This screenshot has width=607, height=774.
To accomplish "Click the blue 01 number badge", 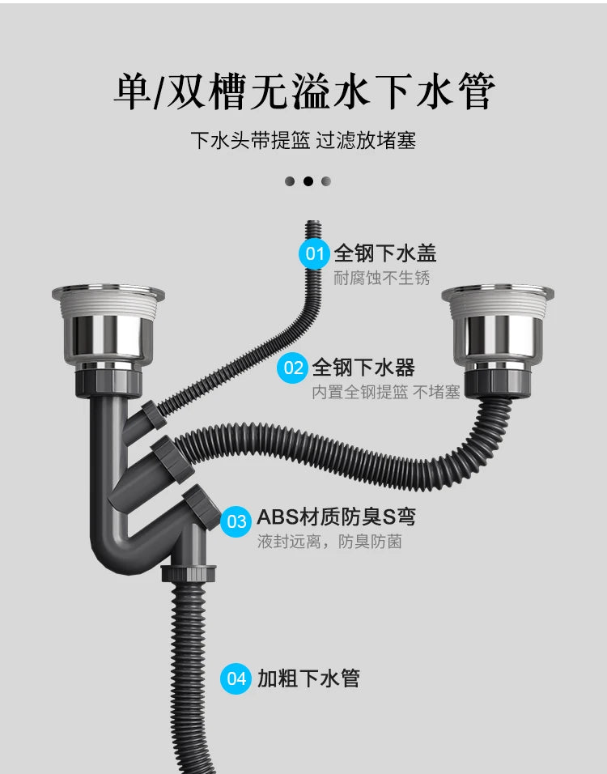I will (x=315, y=254).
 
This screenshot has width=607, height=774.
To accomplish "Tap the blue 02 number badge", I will (x=293, y=368).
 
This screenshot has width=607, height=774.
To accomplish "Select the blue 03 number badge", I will (x=236, y=520).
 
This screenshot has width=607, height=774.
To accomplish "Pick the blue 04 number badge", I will (x=236, y=678).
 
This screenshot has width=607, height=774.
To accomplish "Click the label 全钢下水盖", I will (x=385, y=253).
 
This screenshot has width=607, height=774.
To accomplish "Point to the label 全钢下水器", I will (x=363, y=368).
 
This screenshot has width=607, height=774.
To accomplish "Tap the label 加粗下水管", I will (x=308, y=678).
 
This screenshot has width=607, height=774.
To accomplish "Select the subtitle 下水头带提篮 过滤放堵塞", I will (x=303, y=141).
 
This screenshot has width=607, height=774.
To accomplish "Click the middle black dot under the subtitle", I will (x=308, y=181).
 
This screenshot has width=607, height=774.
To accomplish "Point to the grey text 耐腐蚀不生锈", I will (x=382, y=279).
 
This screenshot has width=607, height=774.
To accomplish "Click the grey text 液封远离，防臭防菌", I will (x=329, y=542).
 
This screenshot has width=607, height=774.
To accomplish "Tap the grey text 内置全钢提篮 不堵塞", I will (x=386, y=393).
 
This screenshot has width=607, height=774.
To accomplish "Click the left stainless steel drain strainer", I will (x=108, y=324).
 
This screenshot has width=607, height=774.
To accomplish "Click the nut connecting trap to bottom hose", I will (x=187, y=572).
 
